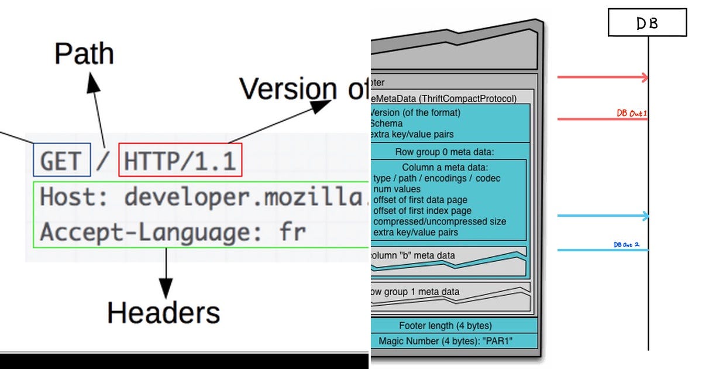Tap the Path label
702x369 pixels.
[84, 54]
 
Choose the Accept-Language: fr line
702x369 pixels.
[173, 233]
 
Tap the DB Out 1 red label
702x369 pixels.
[631, 113]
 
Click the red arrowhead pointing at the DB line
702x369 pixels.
[645, 77]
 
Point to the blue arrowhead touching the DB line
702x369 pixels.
[645, 216]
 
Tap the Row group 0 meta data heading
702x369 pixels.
[445, 152]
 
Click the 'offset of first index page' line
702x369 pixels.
[422, 211]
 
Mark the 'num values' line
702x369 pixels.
[397, 189]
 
